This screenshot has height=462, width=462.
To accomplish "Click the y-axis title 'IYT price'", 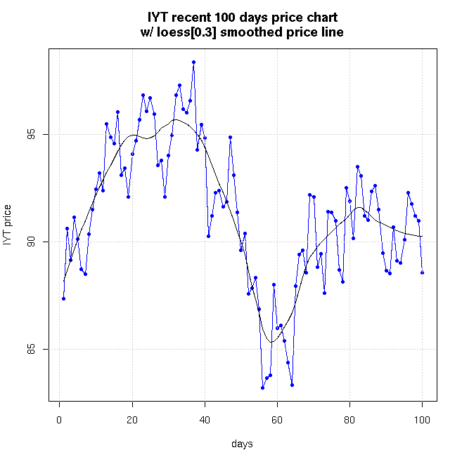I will pyautogui.click(x=8, y=225).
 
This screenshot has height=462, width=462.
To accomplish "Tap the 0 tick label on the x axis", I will pyautogui.click(x=60, y=421).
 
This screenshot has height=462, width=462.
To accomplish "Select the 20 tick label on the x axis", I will pyautogui.click(x=132, y=421).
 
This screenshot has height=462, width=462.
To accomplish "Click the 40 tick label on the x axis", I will pyautogui.click(x=205, y=421).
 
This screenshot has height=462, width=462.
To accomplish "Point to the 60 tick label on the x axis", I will pyautogui.click(x=277, y=421).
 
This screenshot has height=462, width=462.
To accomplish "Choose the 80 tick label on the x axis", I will pyautogui.click(x=349, y=421).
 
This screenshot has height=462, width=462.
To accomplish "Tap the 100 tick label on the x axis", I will pyautogui.click(x=422, y=421).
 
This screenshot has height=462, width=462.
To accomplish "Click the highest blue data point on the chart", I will pyautogui.click(x=193, y=62).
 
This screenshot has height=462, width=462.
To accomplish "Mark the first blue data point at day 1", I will pyautogui.click(x=63, y=298).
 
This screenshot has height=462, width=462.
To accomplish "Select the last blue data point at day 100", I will pyautogui.click(x=422, y=272).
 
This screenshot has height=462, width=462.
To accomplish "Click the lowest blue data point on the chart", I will pyautogui.click(x=262, y=388).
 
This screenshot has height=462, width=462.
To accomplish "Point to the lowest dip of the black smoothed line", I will pyautogui.click(x=271, y=342).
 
